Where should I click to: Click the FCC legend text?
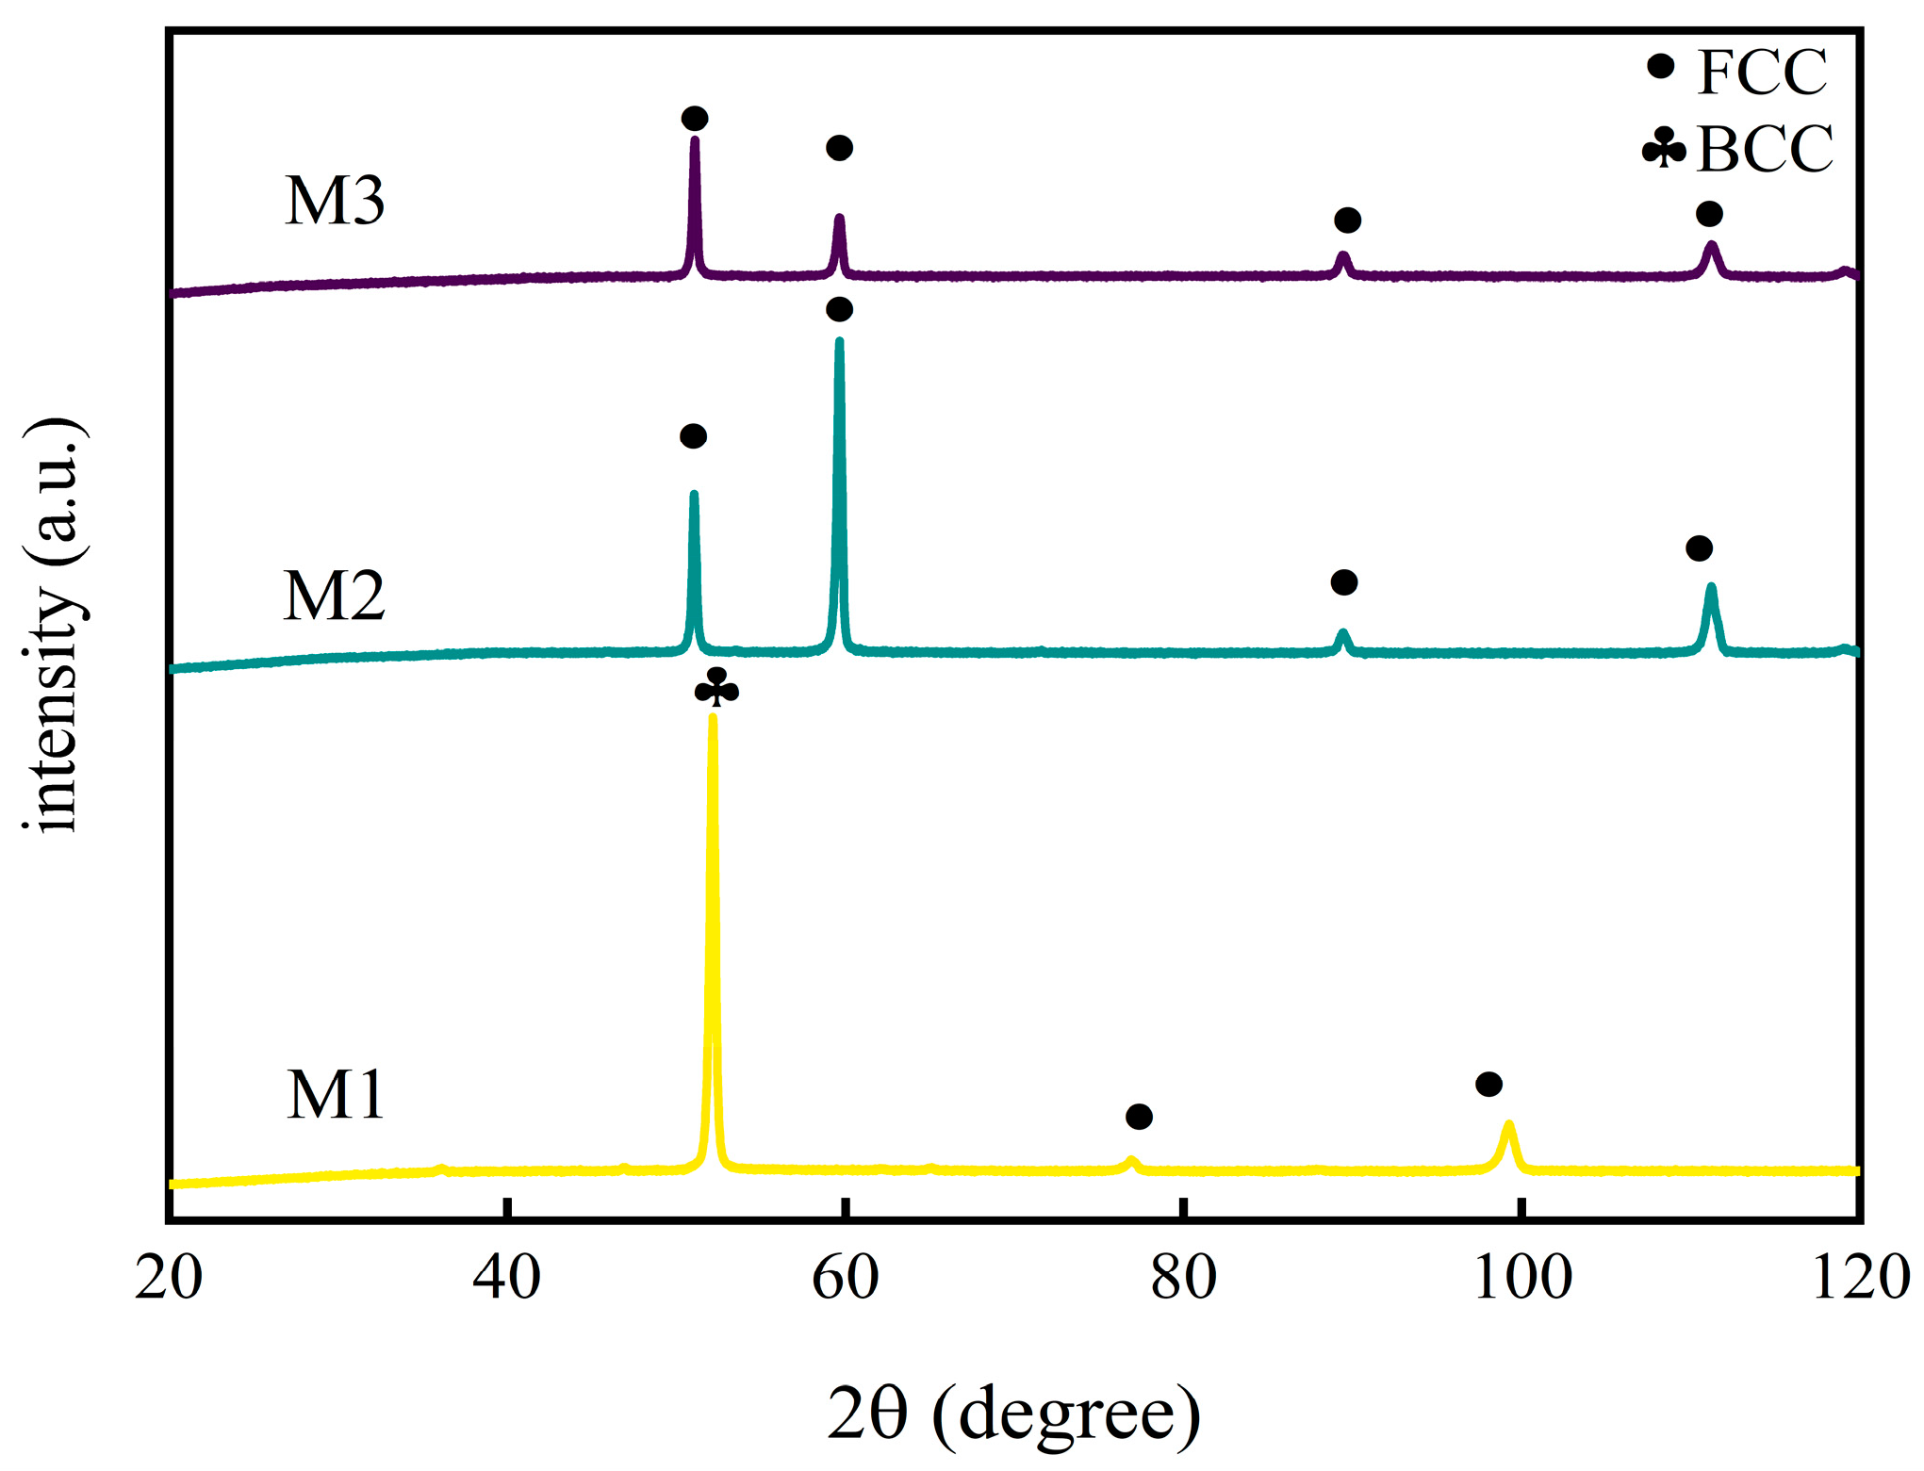(x=1761, y=72)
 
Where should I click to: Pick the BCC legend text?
(x=1764, y=149)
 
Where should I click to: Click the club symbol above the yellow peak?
(x=716, y=688)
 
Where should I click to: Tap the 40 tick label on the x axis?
(x=507, y=1278)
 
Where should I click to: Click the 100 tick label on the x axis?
(x=1522, y=1278)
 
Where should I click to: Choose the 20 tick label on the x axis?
(x=170, y=1278)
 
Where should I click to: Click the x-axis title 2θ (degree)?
(x=1013, y=1414)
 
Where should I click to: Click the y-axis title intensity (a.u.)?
(x=55, y=624)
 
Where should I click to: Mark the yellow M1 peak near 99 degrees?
(x=1509, y=1124)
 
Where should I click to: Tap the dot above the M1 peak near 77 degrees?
(x=1139, y=1117)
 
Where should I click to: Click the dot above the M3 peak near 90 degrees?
(x=1347, y=221)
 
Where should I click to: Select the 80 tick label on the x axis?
(x=1183, y=1278)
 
